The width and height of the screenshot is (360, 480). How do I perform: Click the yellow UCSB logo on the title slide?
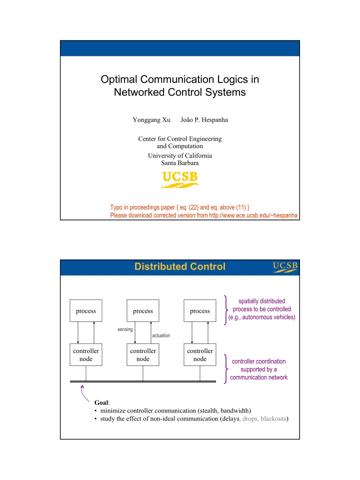click(180, 179)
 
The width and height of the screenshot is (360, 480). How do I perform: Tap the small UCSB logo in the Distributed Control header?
click(285, 267)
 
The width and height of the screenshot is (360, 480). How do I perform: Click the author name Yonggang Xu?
click(151, 119)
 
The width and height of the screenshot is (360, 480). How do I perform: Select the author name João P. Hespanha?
click(204, 119)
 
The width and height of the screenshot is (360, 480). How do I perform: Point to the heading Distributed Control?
click(180, 266)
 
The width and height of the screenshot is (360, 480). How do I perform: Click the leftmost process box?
click(86, 310)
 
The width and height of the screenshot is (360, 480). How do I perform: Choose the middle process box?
click(143, 310)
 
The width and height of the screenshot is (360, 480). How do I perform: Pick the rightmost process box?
click(200, 310)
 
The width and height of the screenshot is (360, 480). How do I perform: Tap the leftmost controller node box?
click(86, 355)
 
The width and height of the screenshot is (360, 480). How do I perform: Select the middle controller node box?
click(143, 355)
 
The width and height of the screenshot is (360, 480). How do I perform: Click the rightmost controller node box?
click(200, 355)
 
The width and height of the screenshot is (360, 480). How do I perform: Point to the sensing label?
click(125, 329)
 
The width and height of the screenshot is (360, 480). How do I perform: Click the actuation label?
click(161, 335)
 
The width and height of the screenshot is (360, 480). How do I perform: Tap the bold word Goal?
click(101, 402)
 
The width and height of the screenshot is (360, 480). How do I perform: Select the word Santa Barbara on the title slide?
click(180, 163)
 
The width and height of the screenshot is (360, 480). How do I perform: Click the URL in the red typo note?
click(253, 215)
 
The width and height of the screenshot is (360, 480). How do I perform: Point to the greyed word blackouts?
click(273, 418)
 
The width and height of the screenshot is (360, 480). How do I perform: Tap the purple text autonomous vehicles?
click(268, 317)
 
